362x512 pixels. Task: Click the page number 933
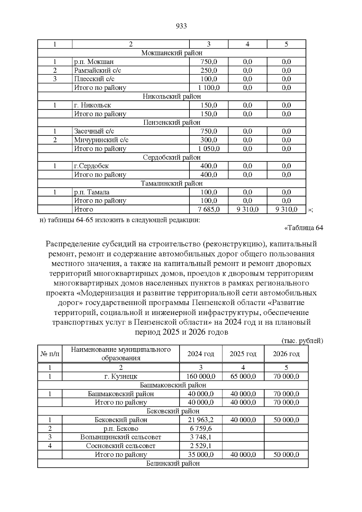(181, 26)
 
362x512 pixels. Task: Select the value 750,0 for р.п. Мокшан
(208, 62)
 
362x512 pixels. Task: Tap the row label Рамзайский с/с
(98, 71)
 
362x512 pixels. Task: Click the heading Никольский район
(172, 97)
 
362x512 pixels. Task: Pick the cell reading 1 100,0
(208, 88)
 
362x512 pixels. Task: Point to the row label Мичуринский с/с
(101, 140)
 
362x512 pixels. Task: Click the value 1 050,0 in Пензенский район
(208, 149)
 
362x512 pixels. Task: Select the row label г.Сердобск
(91, 166)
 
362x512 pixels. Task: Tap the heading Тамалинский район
(172, 183)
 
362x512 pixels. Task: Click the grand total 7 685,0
(208, 209)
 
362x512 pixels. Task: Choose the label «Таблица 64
(303, 228)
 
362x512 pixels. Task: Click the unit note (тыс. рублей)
(302, 341)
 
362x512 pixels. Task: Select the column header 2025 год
(243, 354)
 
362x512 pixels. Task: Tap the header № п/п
(50, 354)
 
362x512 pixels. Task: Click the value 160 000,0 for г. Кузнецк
(201, 377)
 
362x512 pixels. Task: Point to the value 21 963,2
(201, 420)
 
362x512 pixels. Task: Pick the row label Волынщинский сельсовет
(121, 437)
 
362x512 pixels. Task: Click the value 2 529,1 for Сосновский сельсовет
(201, 446)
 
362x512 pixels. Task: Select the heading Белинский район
(173, 463)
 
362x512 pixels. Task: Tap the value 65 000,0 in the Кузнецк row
(243, 377)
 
